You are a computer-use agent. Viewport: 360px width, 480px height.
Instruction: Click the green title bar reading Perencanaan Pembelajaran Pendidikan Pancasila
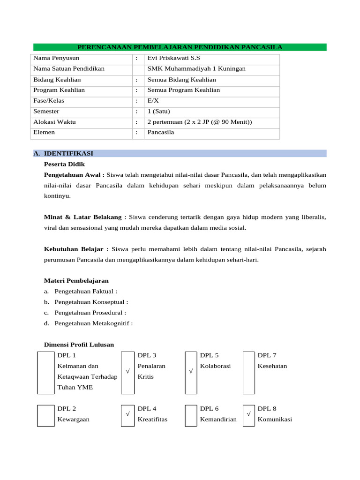point(180,47)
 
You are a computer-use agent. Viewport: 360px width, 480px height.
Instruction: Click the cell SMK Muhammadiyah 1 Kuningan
point(196,69)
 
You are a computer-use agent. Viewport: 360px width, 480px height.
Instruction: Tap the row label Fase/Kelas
point(49,101)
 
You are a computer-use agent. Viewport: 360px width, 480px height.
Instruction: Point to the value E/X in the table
point(153,101)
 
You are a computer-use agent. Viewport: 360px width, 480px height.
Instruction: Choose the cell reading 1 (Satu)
point(159,112)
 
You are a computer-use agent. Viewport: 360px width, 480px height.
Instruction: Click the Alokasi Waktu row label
point(54,122)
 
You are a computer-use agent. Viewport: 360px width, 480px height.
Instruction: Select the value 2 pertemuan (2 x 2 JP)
point(200,122)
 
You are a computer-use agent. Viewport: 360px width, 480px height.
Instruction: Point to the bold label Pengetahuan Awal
point(74,175)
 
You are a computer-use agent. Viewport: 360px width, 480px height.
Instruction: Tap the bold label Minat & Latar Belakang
point(83,217)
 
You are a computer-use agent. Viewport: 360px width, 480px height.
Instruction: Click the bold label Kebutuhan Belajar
point(74,249)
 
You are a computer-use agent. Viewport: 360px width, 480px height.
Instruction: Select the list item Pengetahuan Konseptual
point(91,302)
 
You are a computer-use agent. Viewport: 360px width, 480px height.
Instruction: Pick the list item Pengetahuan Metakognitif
point(93,323)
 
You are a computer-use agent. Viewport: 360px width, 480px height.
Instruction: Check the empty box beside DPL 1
point(46,373)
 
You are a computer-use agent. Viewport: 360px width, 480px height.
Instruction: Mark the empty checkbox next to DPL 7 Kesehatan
point(249,373)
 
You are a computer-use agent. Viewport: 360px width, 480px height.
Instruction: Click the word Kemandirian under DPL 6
point(218,420)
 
